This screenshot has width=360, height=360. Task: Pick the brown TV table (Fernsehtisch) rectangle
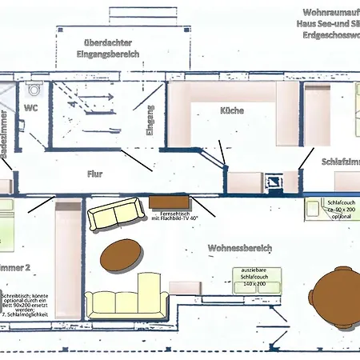pos(168,201)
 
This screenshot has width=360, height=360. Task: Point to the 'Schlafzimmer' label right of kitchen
pos(340,162)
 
